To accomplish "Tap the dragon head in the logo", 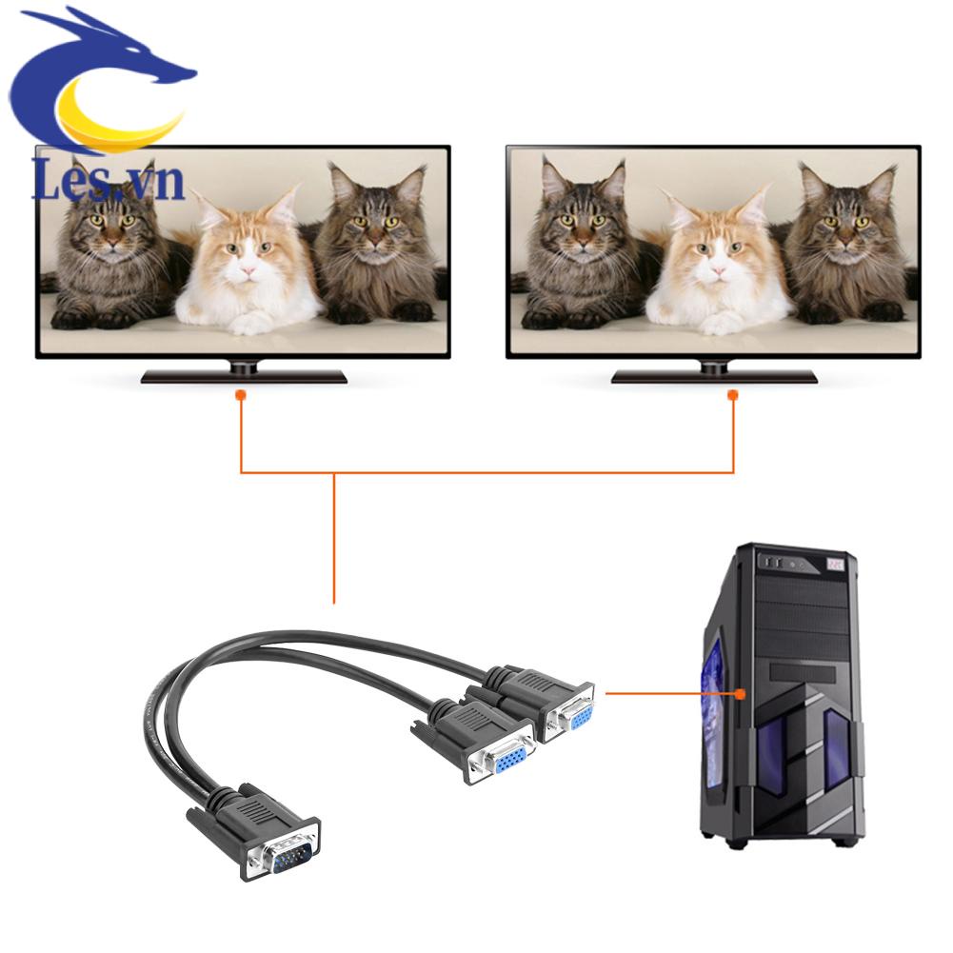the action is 143,57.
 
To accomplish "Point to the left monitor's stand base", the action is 244,375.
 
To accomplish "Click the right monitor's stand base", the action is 714,375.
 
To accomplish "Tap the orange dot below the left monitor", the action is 241,394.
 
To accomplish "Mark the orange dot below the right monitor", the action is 733,394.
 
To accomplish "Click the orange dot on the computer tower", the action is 740,694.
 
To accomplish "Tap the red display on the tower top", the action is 837,565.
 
